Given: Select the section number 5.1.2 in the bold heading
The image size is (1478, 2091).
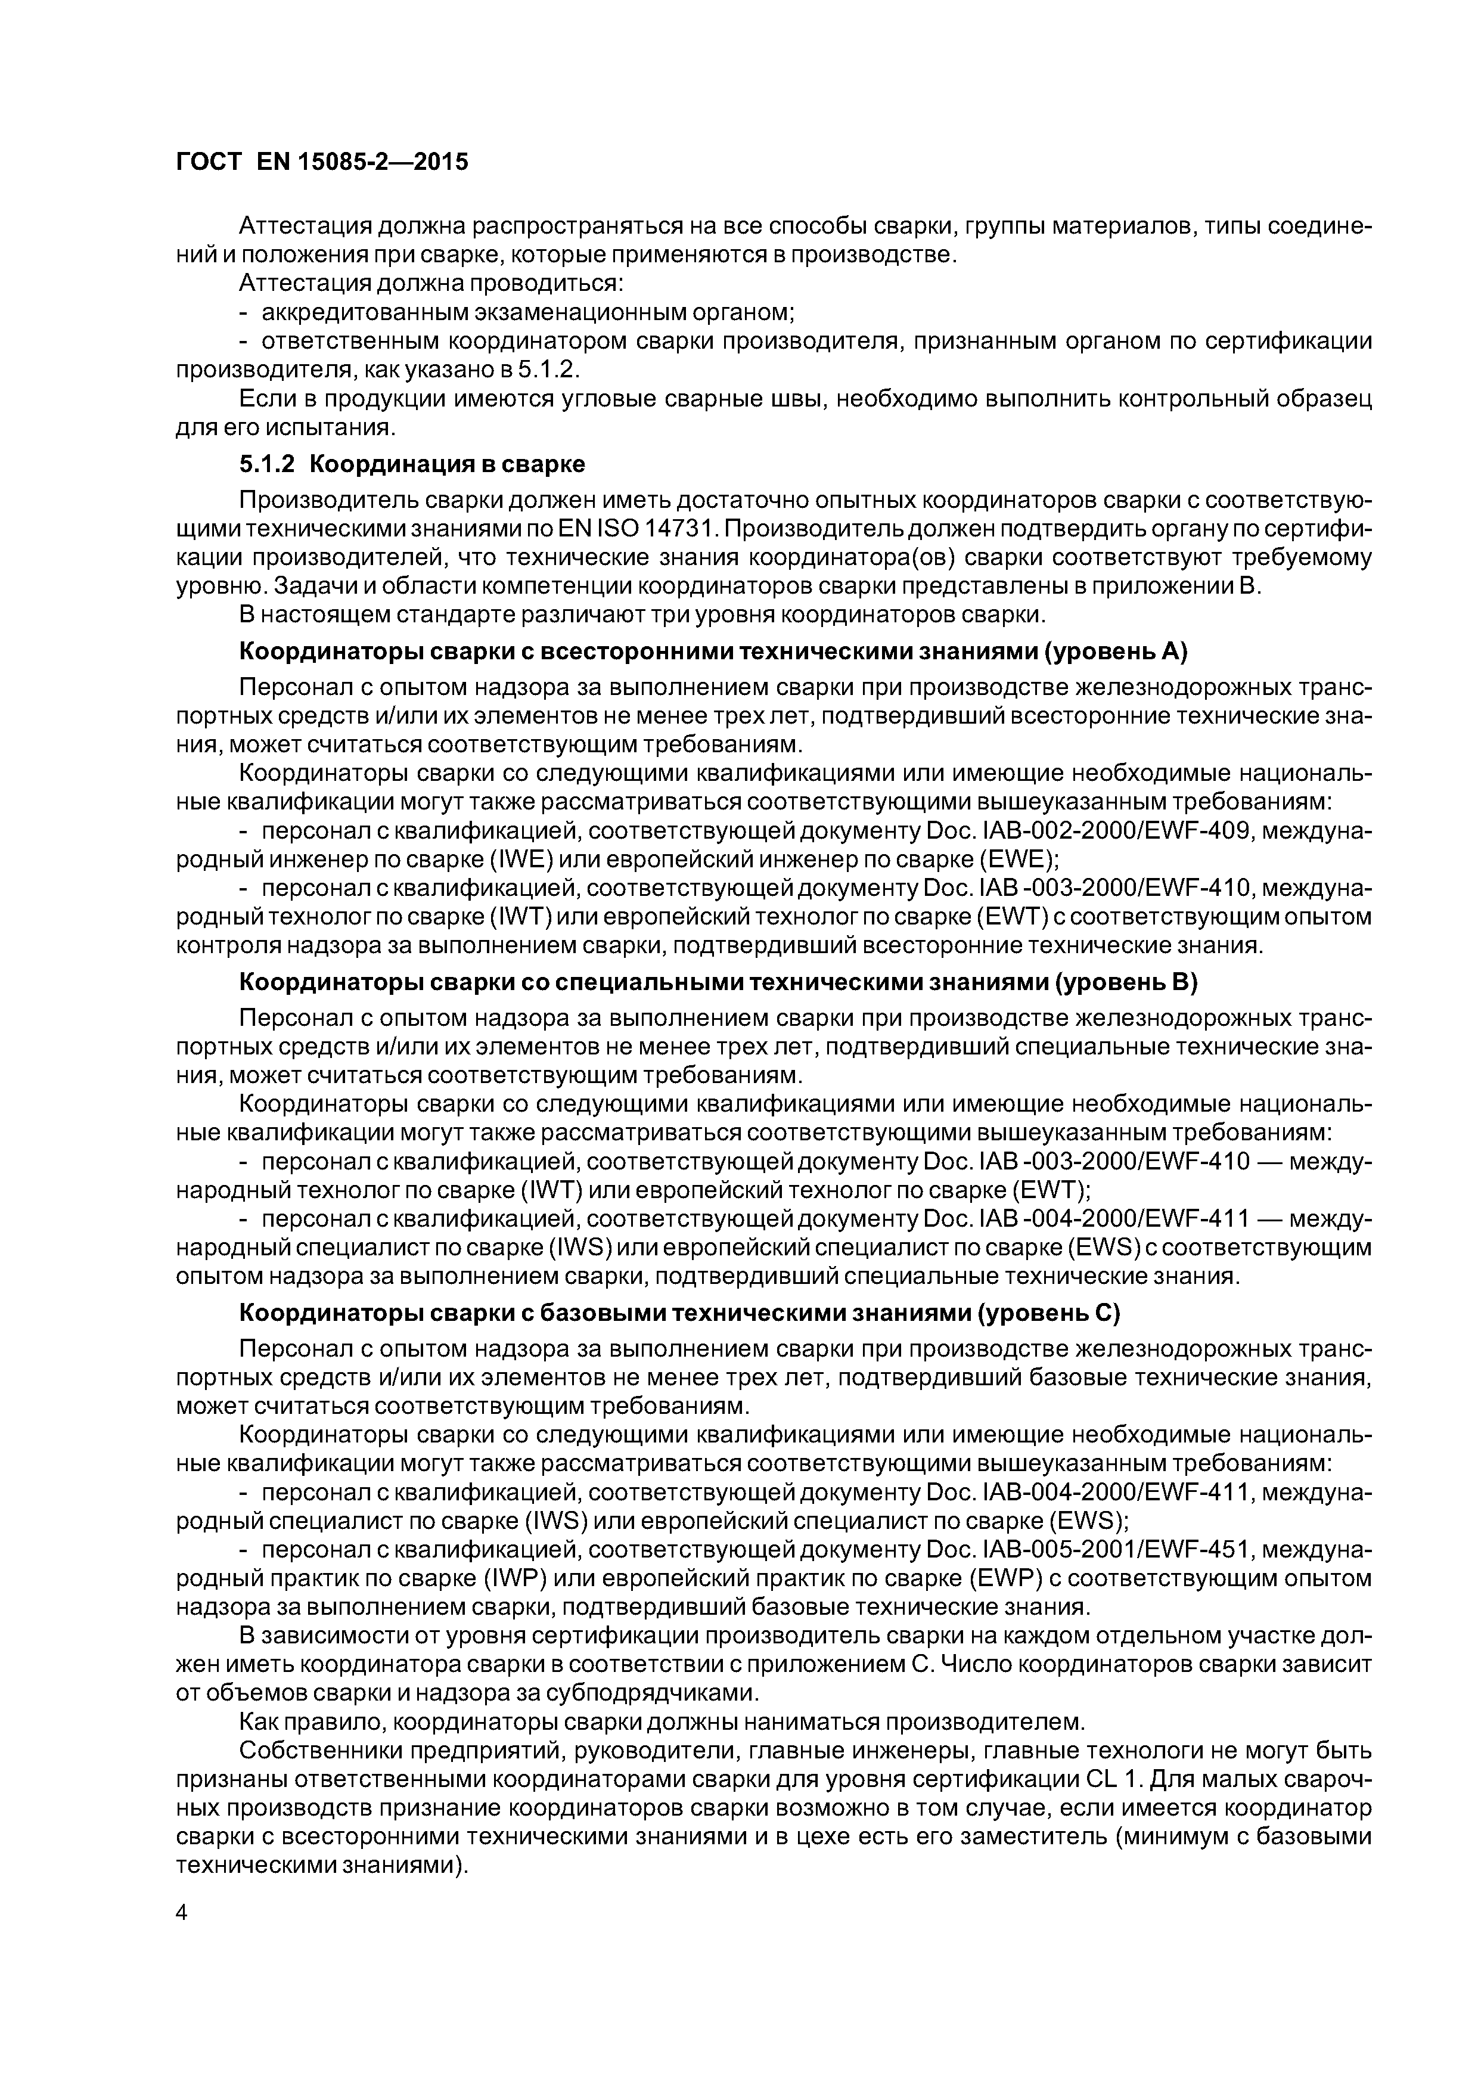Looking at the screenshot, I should point(267,464).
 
